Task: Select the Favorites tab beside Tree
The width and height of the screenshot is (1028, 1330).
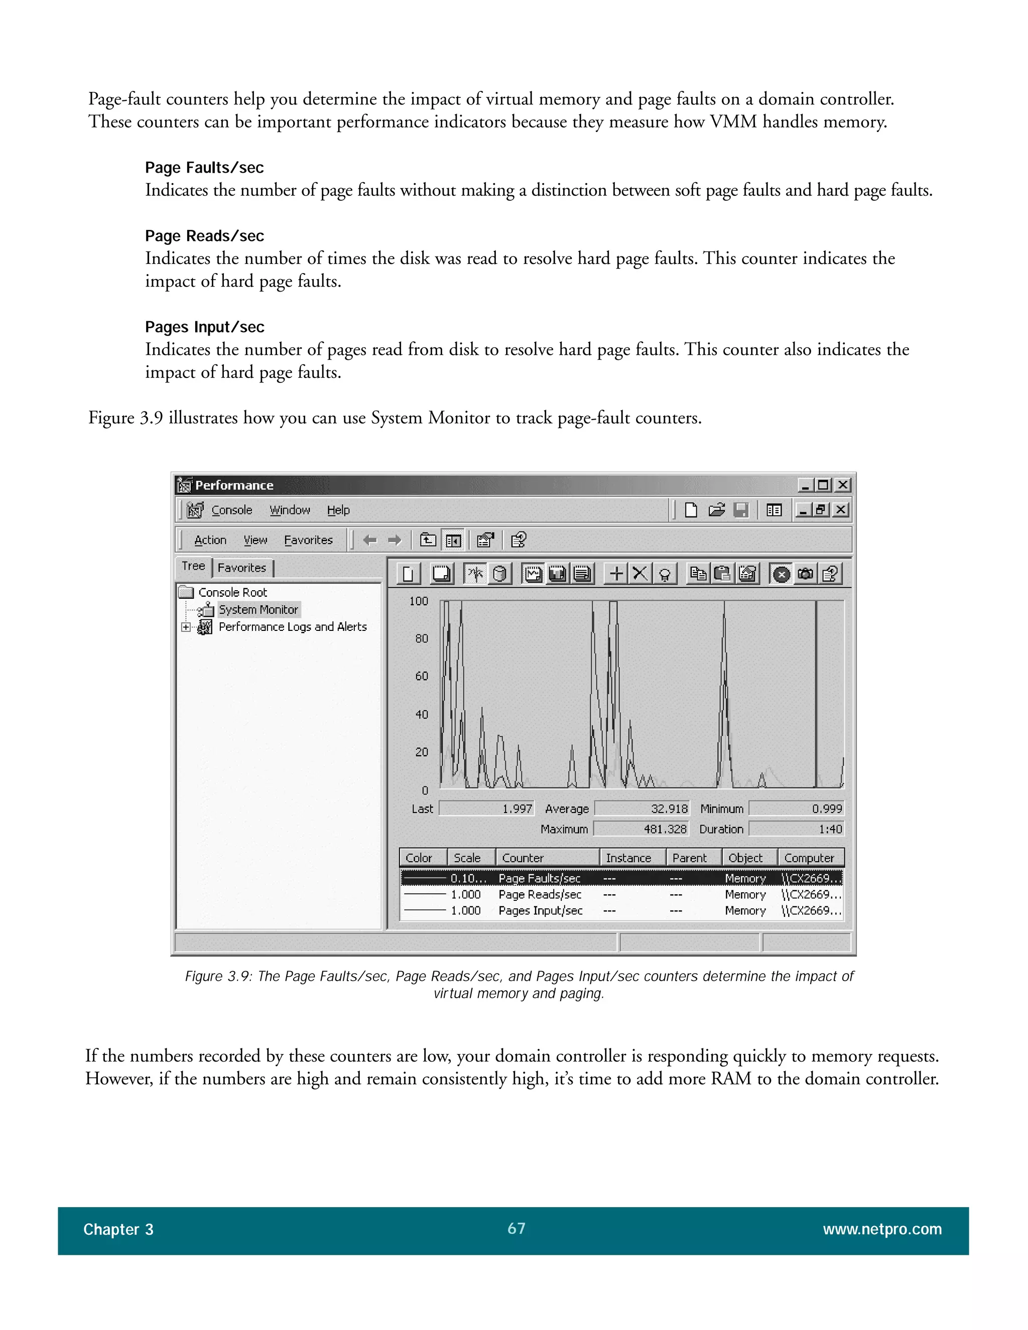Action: click(242, 568)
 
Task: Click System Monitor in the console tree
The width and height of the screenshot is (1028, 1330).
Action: click(258, 610)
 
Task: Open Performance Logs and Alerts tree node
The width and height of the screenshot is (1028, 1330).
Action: click(292, 627)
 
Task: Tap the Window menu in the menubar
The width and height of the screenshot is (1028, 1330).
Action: click(290, 510)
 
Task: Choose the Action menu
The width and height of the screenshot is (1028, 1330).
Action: click(210, 540)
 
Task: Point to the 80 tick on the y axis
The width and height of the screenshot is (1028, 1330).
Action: click(422, 638)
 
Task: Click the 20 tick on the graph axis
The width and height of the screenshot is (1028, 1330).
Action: click(422, 752)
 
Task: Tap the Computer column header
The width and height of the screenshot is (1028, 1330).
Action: click(809, 857)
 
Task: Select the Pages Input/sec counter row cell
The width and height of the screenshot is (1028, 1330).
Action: click(540, 910)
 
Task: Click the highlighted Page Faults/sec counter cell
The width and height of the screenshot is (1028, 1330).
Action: click(539, 878)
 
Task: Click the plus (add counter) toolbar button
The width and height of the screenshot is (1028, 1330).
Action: click(616, 574)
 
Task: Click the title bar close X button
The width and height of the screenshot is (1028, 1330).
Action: click(843, 485)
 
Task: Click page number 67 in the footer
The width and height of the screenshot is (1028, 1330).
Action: click(516, 1228)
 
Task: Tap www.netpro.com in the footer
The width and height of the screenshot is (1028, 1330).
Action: click(882, 1229)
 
